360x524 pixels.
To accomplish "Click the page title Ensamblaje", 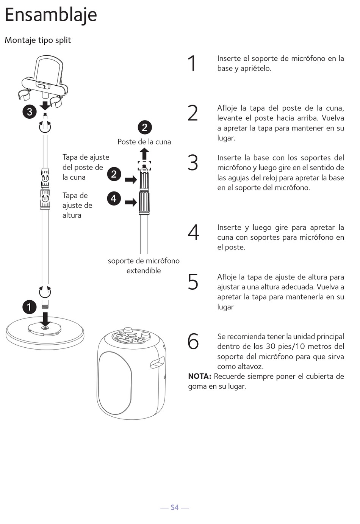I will [51, 15].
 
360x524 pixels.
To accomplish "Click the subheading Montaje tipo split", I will [38, 40].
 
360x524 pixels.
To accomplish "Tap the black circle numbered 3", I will [30, 112].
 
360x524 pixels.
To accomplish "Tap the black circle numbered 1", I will [30, 307].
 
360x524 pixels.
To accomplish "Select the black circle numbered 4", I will [114, 198].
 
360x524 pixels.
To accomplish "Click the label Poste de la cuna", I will [144, 142].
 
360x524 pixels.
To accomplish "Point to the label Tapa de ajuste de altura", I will [77, 205].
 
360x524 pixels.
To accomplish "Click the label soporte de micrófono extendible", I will [144, 265].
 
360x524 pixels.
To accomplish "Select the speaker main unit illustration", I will [131, 373].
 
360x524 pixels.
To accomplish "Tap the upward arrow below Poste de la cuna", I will [144, 154].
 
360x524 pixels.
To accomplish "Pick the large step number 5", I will [193, 282].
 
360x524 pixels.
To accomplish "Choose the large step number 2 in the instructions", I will [193, 113].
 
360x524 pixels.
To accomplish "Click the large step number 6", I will [193, 341].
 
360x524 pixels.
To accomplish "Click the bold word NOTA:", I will [200, 377].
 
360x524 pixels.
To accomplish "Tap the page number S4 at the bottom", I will [174, 507].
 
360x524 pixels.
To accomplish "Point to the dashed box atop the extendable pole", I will [144, 165].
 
